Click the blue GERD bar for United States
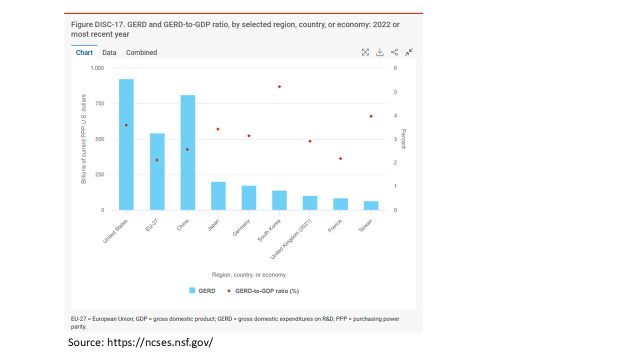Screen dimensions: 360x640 pos(126,144)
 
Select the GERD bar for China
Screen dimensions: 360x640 pos(187,152)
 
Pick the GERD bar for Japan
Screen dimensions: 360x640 pos(218,196)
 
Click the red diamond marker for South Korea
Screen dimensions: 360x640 pos(279,86)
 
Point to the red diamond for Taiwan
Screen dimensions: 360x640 pos(371,116)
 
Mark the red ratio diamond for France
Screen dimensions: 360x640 pos(340,158)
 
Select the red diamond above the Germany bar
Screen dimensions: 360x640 pos(249,136)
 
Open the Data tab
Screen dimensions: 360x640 pos(109,52)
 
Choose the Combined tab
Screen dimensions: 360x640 pos(141,52)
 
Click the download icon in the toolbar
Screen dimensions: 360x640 pos(380,52)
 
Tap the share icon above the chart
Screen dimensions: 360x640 pos(394,52)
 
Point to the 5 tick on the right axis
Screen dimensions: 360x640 pos(395,92)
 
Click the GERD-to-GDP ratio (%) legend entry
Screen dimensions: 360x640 pos(266,290)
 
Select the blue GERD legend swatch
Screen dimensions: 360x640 pos(192,290)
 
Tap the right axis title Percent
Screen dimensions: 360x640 pos(403,139)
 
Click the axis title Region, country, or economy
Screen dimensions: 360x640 pos(248,274)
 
